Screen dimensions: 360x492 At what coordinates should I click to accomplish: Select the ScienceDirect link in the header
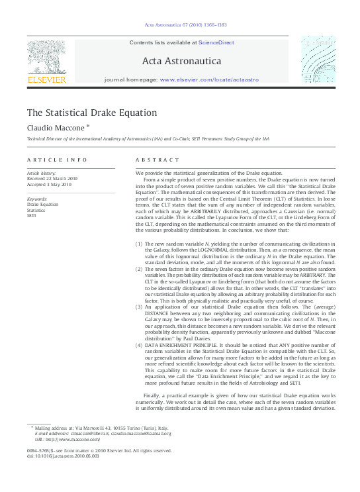216,42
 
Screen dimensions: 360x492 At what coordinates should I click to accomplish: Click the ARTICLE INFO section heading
57,160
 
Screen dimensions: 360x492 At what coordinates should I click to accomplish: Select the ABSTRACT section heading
157,160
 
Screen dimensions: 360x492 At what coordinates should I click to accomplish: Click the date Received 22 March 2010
52,178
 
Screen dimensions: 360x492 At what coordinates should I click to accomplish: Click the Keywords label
36,199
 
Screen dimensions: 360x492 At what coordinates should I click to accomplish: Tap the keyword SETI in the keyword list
31,216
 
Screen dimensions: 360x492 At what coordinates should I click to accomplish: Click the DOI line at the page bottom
63,456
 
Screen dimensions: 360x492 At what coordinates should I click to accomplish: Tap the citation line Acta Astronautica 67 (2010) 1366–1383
185,26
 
